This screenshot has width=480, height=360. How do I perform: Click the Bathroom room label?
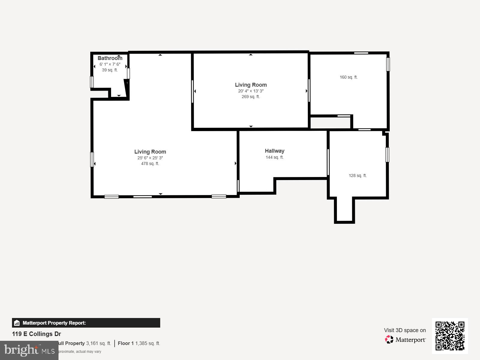point(110,58)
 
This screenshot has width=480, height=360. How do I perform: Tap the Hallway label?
point(274,151)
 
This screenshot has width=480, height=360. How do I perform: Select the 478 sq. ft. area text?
point(150,163)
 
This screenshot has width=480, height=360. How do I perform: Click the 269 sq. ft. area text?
point(250,97)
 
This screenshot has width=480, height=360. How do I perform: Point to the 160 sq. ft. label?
point(348,77)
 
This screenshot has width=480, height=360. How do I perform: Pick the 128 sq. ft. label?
point(357,175)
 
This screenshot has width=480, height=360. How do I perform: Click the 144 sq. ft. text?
point(274,157)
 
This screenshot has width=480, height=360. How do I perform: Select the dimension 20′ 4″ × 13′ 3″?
point(250,91)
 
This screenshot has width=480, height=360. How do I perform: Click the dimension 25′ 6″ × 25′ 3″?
point(150,158)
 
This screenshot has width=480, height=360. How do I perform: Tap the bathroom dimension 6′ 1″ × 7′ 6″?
point(110,64)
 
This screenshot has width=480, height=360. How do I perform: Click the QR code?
point(450,336)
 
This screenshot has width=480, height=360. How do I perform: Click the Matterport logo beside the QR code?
point(405,340)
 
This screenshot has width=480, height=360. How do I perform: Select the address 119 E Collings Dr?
point(37,334)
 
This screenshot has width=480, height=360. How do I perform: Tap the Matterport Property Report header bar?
point(86,323)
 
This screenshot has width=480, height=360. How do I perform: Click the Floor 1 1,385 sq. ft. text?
point(139,343)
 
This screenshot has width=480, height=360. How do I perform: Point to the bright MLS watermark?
point(29,350)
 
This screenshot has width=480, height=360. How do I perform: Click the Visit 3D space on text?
point(405,330)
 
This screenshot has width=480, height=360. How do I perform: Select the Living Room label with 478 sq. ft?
point(150,152)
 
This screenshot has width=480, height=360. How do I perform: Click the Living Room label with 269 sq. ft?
point(250,85)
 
